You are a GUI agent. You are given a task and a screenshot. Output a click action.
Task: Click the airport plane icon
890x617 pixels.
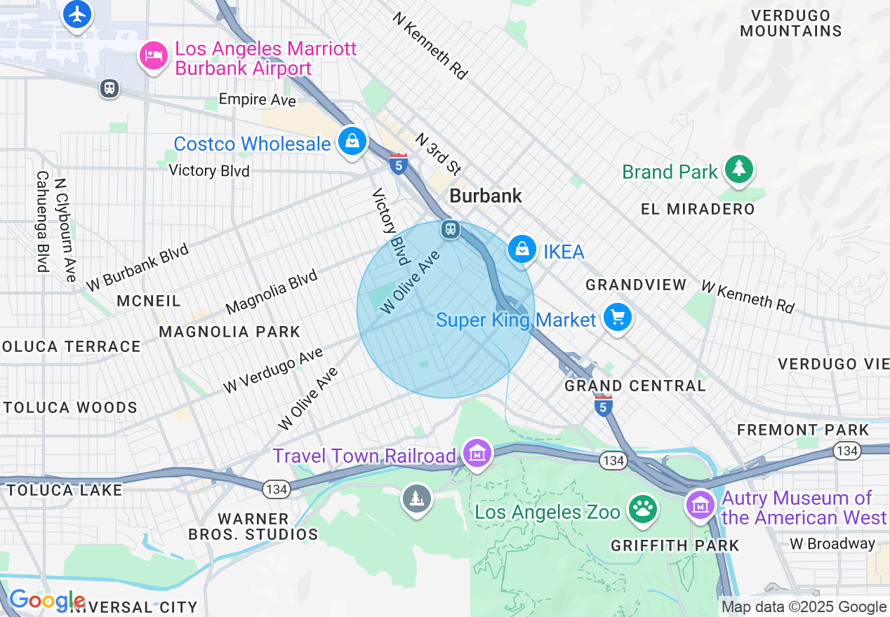click(x=77, y=15)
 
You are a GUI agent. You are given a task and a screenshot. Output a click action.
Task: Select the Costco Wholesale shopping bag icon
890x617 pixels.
click(x=352, y=141)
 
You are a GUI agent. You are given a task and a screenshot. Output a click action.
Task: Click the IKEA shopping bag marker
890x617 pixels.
click(x=522, y=249)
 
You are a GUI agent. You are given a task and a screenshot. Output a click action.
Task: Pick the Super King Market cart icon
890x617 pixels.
click(x=617, y=318)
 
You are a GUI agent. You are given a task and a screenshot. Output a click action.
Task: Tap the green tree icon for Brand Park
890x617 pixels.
click(x=738, y=169)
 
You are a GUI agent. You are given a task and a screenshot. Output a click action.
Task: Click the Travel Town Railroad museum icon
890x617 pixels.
click(x=477, y=454)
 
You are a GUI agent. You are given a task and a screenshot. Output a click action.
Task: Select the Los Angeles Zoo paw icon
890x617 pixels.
click(x=642, y=510)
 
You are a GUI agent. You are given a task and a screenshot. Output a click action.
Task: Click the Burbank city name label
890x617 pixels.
click(x=486, y=196)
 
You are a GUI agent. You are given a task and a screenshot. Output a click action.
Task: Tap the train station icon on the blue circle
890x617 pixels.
click(x=451, y=229)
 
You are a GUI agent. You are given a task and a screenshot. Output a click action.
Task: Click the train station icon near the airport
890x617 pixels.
click(x=109, y=88)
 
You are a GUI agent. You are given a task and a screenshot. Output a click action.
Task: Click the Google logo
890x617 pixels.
click(x=46, y=601)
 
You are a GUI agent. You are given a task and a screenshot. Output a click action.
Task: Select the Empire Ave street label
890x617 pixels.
click(x=258, y=100)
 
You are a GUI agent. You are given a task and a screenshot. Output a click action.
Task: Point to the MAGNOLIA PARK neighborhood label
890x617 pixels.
click(x=230, y=332)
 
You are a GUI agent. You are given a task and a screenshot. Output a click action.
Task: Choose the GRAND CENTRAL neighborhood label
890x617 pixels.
click(x=635, y=386)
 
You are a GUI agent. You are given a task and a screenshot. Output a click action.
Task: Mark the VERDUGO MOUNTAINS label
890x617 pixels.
click(x=790, y=23)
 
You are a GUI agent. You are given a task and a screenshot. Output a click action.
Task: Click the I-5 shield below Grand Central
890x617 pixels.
click(x=603, y=406)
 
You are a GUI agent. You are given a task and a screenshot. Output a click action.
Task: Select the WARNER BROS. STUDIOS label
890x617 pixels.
click(x=253, y=526)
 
